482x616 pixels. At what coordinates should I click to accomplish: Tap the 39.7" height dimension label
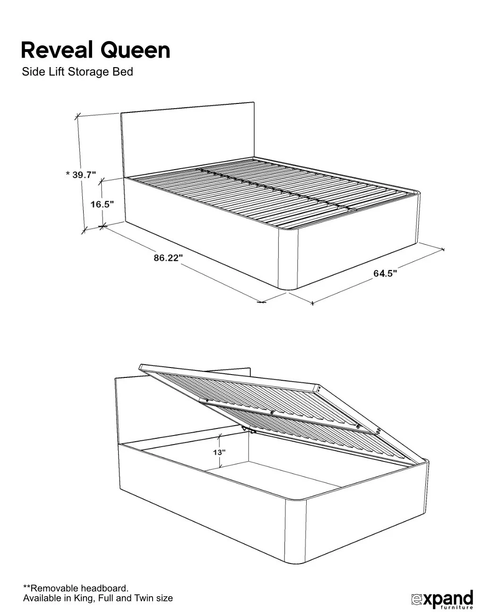pos(84,175)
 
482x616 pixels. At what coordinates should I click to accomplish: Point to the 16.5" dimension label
pos(102,205)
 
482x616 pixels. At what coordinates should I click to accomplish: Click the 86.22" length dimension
pos(168,258)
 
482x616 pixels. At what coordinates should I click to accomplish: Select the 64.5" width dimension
pos(385,273)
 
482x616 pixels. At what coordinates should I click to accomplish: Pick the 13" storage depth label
pos(219,452)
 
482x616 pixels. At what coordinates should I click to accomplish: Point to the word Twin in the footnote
pos(143,599)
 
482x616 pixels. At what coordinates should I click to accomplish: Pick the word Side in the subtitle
pos(31,72)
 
